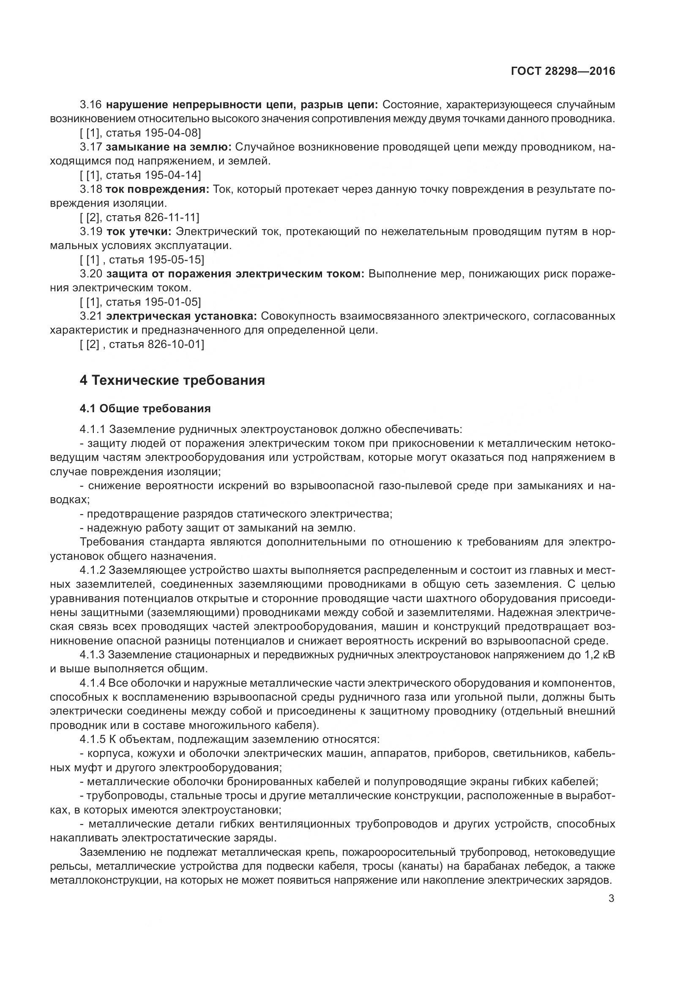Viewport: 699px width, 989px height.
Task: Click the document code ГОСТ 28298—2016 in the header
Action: tap(563, 71)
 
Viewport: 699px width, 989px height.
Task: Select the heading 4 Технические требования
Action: tap(172, 381)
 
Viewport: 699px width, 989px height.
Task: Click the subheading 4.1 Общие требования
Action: tap(145, 408)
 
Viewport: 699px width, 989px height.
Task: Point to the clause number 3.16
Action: tap(91, 105)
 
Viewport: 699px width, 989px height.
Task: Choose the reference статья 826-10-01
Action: tap(157, 344)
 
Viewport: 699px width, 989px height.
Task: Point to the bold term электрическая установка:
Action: tap(181, 316)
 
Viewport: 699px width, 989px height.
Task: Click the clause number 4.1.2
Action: tap(93, 570)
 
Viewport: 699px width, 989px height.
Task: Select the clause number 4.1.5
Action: tap(93, 740)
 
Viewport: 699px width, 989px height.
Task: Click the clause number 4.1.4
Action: tap(93, 683)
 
